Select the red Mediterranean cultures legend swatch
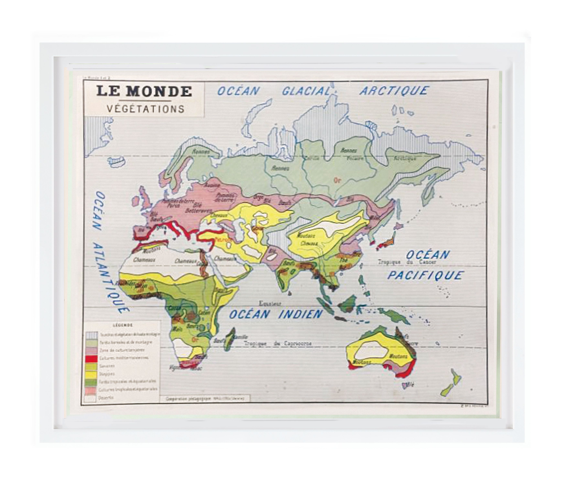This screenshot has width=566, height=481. (x=91, y=358)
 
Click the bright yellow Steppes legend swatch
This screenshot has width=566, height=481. (x=91, y=374)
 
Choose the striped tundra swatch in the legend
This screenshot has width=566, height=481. (x=91, y=335)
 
